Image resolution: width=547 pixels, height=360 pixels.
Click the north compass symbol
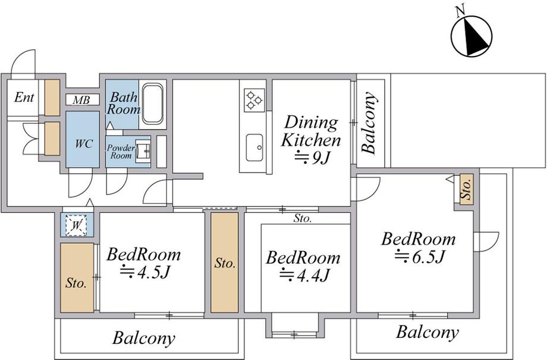471,36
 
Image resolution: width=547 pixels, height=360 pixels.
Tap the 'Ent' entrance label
24,97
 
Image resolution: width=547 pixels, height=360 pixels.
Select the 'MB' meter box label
81,100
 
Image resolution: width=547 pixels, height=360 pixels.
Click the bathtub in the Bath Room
153,104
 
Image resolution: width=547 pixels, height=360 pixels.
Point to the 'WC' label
84,143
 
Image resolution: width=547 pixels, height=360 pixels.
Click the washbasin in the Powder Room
143,151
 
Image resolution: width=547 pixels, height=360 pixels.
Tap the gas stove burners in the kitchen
254,100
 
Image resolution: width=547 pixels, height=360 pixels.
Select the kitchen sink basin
254,148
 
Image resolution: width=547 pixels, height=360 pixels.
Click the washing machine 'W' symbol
76,225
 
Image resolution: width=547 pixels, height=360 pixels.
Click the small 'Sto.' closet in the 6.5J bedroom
466,189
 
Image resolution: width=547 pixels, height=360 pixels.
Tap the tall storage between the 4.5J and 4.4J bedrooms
225,262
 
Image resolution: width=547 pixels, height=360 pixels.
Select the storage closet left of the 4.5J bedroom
77,278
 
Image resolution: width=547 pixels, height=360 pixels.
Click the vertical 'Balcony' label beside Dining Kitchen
369,123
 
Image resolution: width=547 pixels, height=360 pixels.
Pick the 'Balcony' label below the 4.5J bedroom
143,338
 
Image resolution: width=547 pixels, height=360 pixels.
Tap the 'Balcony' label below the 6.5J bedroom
427,332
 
